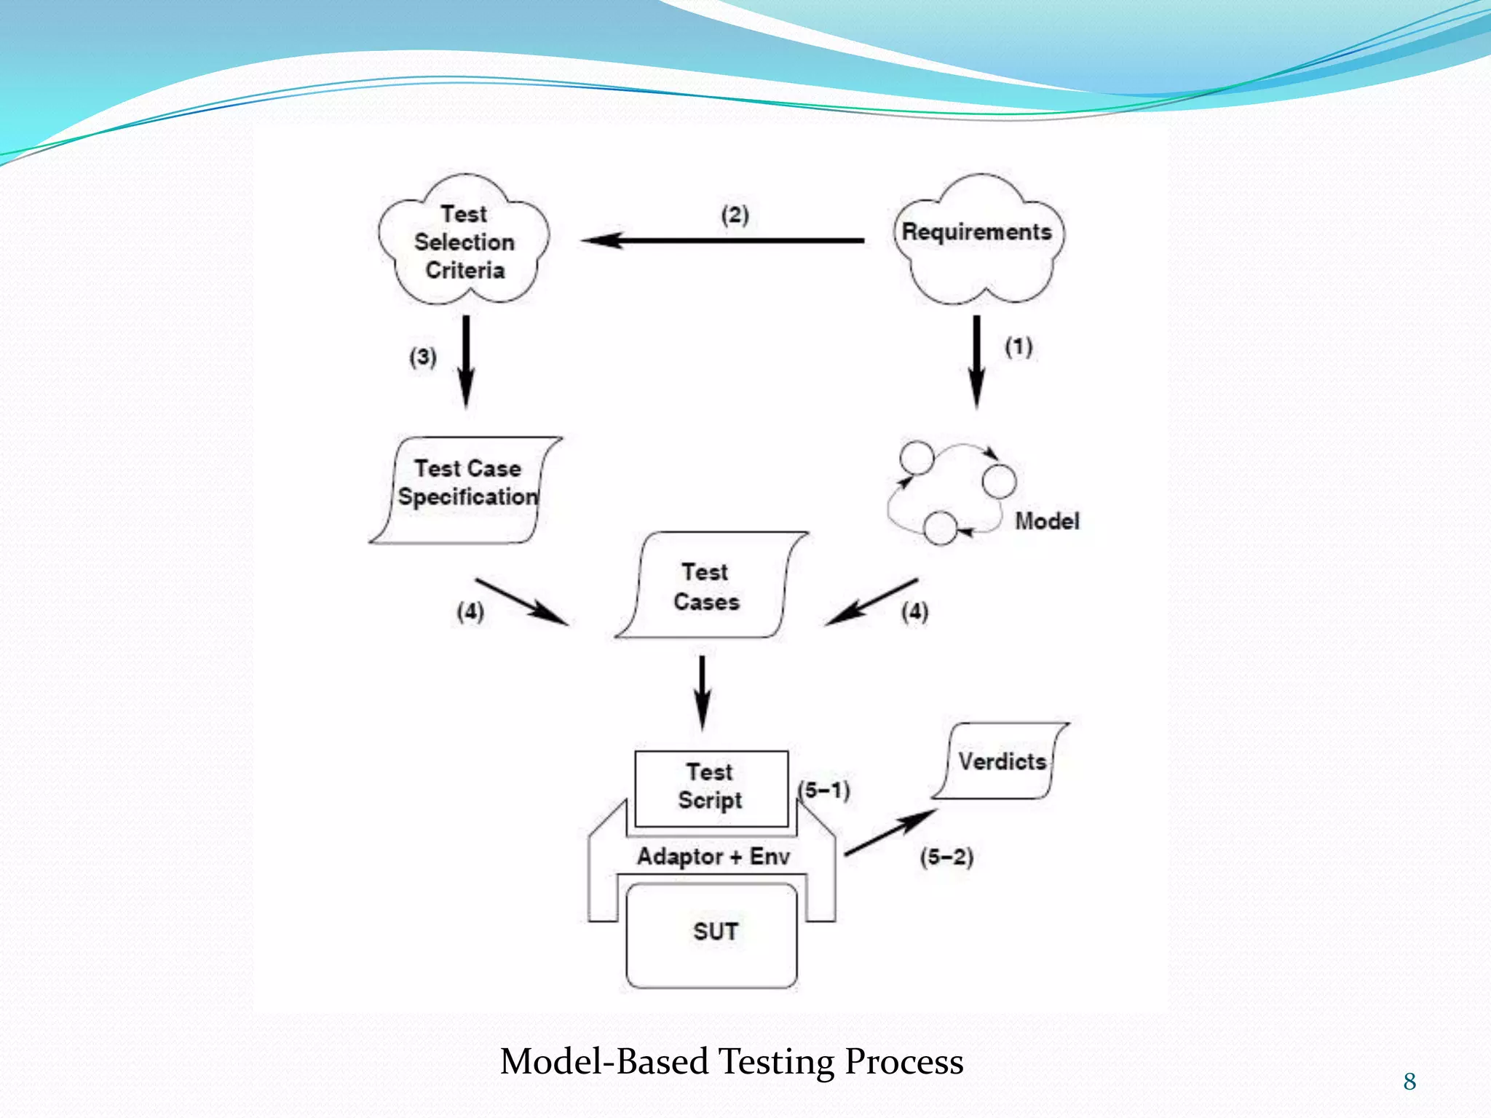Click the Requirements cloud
click(977, 240)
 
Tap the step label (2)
click(735, 215)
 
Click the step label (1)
click(1019, 346)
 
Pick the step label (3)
click(422, 357)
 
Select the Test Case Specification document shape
click(466, 489)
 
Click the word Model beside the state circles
click(1046, 521)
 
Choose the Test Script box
click(711, 788)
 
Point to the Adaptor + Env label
click(713, 856)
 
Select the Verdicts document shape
click(1001, 761)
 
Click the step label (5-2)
click(946, 857)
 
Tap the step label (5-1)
click(825, 790)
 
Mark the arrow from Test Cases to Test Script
click(702, 691)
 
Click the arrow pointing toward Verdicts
click(890, 832)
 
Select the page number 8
click(1409, 1082)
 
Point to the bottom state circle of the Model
click(940, 528)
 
